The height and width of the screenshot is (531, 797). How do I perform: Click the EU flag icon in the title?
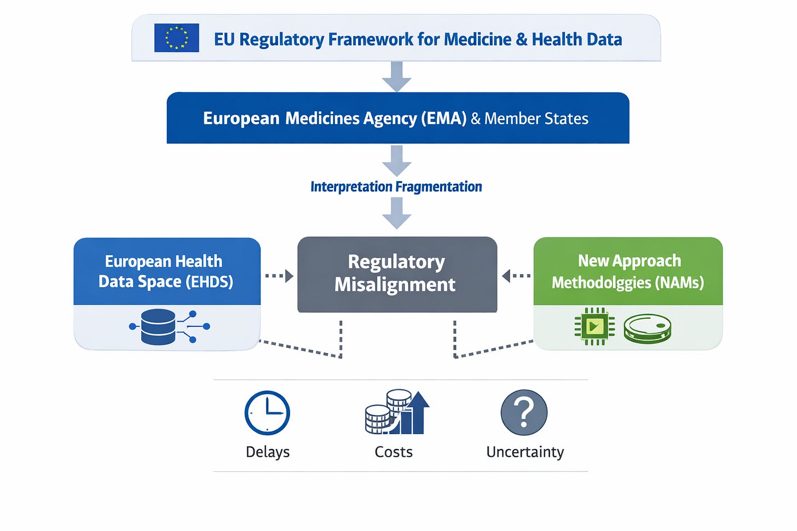[176, 38]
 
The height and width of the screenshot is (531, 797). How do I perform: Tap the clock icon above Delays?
[267, 413]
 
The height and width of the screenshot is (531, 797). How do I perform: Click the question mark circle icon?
[524, 412]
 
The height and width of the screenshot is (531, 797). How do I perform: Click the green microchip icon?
[594, 326]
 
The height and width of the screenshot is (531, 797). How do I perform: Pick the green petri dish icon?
[648, 328]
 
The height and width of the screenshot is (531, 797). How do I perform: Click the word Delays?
[268, 452]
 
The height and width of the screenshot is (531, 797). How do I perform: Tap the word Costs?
[394, 452]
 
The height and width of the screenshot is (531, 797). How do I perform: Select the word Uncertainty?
[525, 452]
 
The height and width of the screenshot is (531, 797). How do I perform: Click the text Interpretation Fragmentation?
[396, 187]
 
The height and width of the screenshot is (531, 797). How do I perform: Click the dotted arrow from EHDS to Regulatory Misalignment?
[279, 276]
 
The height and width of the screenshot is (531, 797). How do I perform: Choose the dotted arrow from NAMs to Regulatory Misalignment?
[516, 276]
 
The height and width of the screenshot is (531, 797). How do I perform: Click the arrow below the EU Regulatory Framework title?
[397, 77]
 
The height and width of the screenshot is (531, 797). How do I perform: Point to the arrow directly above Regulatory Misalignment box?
[397, 213]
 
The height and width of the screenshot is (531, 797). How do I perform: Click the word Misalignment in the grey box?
[395, 285]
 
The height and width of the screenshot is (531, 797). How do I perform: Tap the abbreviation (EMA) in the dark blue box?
[443, 119]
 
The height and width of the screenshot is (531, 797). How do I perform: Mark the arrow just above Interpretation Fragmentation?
[397, 161]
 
